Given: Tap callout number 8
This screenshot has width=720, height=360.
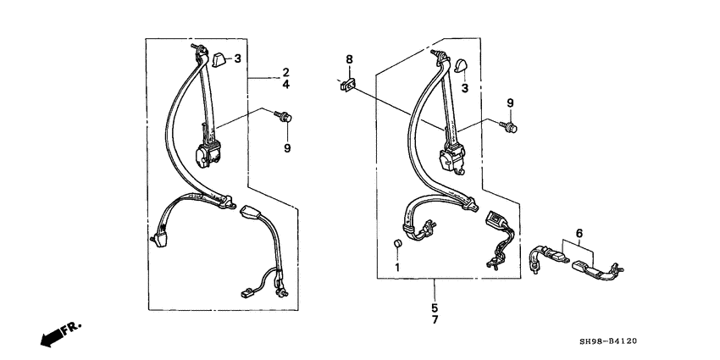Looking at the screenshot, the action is pos(350,59).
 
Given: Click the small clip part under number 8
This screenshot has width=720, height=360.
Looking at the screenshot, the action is pos(348,85).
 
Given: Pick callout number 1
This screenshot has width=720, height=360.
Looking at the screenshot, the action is pos(397,267).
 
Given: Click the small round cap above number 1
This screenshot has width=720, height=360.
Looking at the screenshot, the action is pos(397,243).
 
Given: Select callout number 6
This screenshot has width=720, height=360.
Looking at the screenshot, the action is pos(579,234).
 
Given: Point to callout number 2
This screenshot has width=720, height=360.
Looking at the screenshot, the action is pos(285,72).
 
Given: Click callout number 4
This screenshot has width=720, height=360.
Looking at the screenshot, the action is pos(285,85).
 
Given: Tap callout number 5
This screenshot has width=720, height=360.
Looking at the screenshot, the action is pos(435,307).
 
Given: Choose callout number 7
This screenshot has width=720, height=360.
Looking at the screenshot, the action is pos(435,319).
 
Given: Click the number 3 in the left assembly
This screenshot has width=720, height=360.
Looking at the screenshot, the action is pos(237,58).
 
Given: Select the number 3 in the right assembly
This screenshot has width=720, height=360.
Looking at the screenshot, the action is pos(465,88).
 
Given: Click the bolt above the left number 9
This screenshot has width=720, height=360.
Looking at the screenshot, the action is pos(283,116).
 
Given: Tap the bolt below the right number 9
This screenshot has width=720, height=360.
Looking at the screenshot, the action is pos(508,126).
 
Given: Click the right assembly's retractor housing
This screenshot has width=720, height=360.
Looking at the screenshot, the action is pos(452,159).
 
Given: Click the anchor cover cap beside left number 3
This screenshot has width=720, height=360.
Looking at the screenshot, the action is pos(219,59).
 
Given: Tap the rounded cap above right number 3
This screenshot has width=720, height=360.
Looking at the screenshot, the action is pos(460,66).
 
